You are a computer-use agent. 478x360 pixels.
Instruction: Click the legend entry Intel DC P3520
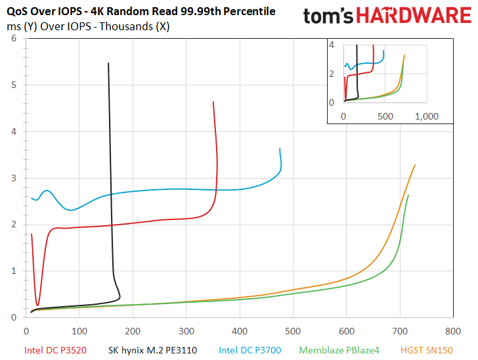[x=55, y=350]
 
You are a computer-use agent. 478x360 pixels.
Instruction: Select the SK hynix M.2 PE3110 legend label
[x=152, y=350]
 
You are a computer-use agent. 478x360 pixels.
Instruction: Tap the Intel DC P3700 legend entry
[x=250, y=350]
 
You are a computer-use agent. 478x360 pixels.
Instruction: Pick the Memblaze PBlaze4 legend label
[x=339, y=350]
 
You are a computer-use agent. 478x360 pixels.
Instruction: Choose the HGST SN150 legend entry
[x=427, y=350]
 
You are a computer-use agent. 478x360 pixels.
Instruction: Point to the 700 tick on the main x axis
[x=400, y=331]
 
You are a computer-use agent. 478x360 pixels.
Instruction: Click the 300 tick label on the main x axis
[x=186, y=331]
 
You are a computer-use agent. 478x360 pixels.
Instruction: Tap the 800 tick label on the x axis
[x=453, y=331]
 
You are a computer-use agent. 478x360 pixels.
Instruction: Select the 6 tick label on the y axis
[x=14, y=39]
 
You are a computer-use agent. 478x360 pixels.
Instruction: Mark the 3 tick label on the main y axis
[x=14, y=178]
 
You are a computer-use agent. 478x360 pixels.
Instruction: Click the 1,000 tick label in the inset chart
[x=427, y=116]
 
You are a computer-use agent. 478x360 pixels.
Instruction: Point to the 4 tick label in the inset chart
[x=332, y=45]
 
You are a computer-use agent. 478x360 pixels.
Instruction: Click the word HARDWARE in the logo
[x=414, y=16]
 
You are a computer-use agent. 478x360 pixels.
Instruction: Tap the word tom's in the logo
[x=328, y=16]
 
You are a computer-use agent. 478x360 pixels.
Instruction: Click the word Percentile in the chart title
[x=250, y=11]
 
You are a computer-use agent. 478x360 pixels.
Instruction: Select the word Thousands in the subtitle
[x=126, y=26]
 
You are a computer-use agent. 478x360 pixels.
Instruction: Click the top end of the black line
[x=108, y=63]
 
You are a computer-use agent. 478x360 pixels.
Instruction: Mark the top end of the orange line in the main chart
[x=415, y=165]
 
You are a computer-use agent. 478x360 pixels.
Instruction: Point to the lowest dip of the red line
[x=37, y=305]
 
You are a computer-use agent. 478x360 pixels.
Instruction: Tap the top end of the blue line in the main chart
[x=280, y=148]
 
